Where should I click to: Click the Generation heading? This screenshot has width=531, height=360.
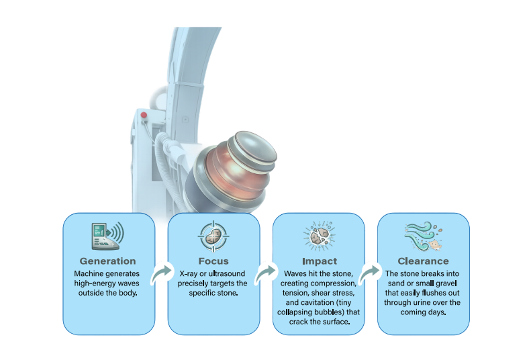point(107,261)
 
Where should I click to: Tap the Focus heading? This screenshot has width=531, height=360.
point(213,261)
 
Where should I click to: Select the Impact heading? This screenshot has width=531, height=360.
point(320,261)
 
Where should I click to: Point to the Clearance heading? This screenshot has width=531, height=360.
point(424,261)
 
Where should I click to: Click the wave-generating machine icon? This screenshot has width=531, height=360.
point(107,236)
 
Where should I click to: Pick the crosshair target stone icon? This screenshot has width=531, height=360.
point(213,236)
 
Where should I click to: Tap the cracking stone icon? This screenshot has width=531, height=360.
point(320,236)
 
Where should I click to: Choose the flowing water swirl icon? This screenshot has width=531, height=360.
point(424,236)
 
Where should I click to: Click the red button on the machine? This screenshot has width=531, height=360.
point(144,115)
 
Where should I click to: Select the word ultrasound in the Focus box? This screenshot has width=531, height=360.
point(227,273)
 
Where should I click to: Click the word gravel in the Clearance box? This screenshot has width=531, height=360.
point(447,283)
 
